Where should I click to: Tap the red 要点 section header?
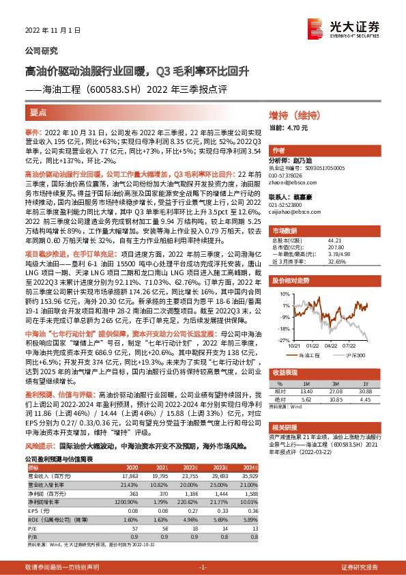coord(39,112)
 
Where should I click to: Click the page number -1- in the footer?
coord(202,567)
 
